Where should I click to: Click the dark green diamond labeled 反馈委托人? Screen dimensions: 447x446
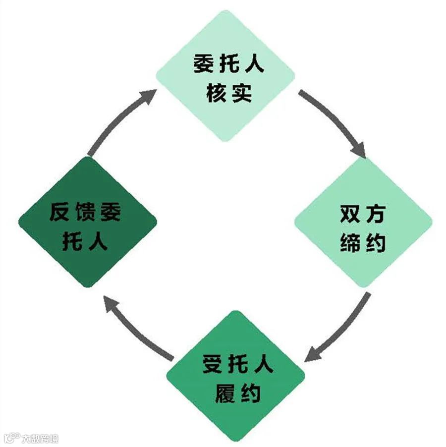coord(88,223)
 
